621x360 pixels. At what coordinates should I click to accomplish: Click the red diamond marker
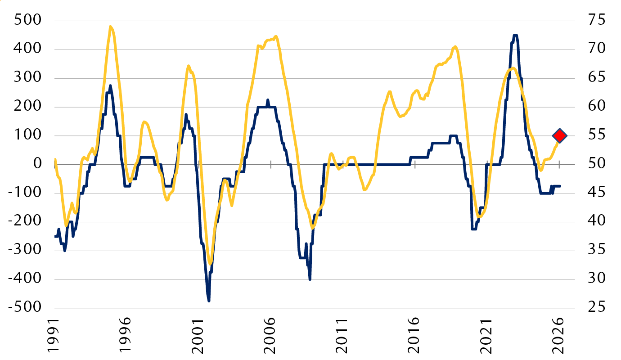pyautogui.click(x=559, y=136)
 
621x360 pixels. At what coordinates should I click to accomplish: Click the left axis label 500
pyautogui.click(x=28, y=20)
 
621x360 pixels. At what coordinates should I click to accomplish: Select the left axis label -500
pyautogui.click(x=25, y=307)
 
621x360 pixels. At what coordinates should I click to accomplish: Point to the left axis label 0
pyautogui.click(x=37, y=163)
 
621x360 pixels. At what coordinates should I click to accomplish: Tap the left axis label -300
pyautogui.click(x=25, y=250)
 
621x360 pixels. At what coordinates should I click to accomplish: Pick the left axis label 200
pyautogui.click(x=28, y=106)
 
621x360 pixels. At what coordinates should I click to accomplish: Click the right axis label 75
pyautogui.click(x=597, y=20)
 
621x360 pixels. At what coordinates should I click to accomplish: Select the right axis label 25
pyautogui.click(x=597, y=307)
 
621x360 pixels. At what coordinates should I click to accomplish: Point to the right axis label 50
pyautogui.click(x=597, y=163)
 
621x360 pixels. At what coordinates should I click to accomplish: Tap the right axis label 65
pyautogui.click(x=597, y=77)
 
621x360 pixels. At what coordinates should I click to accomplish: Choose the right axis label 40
pyautogui.click(x=597, y=221)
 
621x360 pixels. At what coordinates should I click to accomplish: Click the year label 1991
pyautogui.click(x=53, y=335)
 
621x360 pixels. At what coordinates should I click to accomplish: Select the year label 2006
pyautogui.click(x=270, y=335)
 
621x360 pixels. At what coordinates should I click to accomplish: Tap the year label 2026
pyautogui.click(x=558, y=335)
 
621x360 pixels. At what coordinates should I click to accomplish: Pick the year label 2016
pyautogui.click(x=414, y=335)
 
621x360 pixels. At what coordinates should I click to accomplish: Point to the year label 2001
pyautogui.click(x=198, y=335)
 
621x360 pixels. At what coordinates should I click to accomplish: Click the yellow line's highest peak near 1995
pyautogui.click(x=110, y=27)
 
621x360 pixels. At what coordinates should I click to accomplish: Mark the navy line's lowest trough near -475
pyautogui.click(x=209, y=301)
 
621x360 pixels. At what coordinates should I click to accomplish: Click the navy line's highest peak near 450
pyautogui.click(x=515, y=35)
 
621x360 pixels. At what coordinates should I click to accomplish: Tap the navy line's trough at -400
pyautogui.click(x=310, y=279)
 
